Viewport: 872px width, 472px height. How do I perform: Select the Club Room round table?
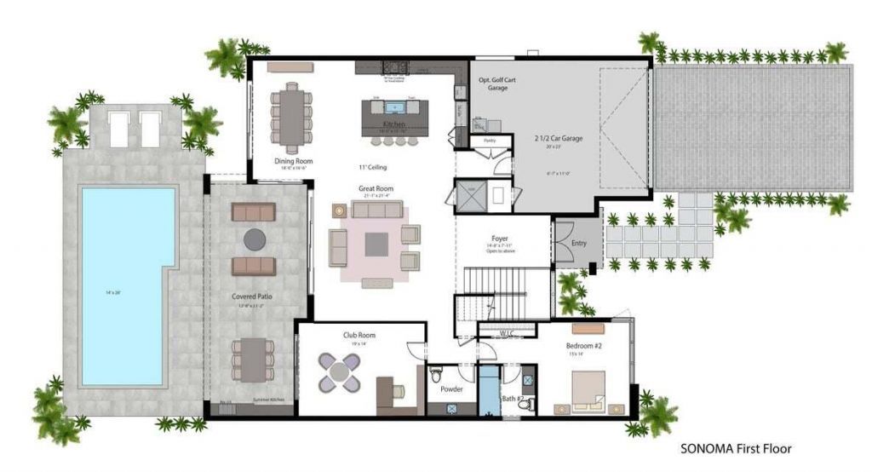coord(340,371)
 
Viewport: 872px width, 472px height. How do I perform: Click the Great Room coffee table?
coord(376,245)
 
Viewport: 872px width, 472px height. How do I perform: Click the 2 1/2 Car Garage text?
coord(558,138)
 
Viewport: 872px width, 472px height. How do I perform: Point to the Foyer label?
coord(500,239)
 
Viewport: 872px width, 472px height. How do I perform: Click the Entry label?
coord(579,244)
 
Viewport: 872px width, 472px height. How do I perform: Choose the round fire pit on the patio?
coord(254,239)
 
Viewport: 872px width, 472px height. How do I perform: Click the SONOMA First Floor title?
coord(737,447)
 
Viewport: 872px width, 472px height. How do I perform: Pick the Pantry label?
coord(490,140)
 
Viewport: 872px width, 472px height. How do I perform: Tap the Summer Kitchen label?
coord(268,400)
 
